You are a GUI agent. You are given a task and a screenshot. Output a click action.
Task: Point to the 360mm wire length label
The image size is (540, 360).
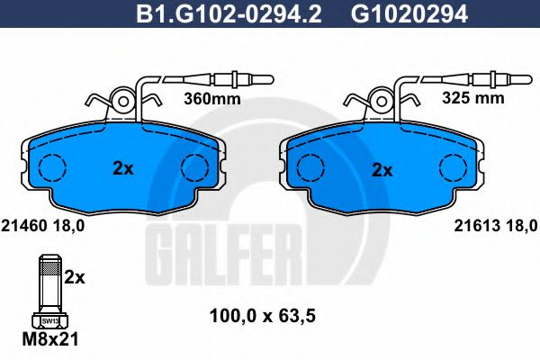[213, 99]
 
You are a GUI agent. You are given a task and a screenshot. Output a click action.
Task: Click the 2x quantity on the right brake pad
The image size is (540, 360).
[382, 168]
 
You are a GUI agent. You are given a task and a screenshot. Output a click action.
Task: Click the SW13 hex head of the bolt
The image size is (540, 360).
[50, 319]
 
